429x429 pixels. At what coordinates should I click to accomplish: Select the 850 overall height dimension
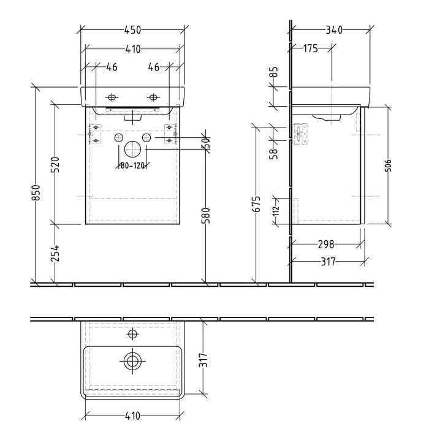36,192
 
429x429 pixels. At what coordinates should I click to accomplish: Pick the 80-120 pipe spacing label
132,165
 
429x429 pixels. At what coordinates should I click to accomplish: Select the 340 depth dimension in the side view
333,30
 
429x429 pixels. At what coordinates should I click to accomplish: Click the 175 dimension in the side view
311,48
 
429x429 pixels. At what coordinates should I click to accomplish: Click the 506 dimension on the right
389,166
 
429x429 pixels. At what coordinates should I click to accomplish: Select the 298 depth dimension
327,245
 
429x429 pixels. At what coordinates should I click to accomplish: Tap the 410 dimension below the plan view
132,416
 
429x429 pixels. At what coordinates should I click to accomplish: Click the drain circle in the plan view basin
132,362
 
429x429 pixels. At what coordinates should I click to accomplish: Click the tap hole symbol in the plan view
132,334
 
